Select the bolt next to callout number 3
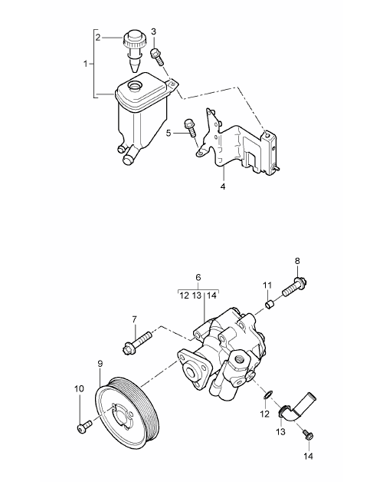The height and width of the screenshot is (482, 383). click(157, 57)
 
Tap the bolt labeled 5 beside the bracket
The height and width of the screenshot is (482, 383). click(190, 127)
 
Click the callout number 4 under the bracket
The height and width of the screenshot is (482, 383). click(223, 187)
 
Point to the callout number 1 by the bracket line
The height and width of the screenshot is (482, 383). click(86, 64)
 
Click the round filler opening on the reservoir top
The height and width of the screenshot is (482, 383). click(135, 85)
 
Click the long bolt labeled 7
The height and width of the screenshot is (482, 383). click(136, 342)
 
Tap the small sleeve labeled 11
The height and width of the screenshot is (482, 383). click(270, 305)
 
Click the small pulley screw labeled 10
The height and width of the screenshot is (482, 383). click(85, 427)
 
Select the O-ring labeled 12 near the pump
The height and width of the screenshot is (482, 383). click(268, 395)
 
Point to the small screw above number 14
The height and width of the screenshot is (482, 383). click(307, 434)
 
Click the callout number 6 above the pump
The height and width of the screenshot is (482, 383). click(198, 277)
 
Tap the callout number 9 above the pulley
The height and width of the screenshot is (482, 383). click(100, 364)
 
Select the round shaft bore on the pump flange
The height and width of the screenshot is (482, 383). click(191, 371)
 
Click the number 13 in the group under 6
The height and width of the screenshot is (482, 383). click(197, 295)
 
